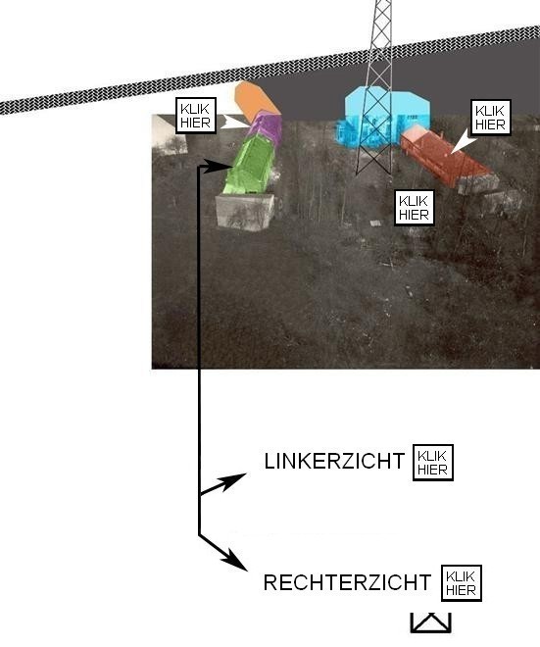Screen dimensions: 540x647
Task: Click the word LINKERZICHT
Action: (334, 461)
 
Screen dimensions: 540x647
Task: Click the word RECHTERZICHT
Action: (347, 582)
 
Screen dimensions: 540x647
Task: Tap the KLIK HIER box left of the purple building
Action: (196, 116)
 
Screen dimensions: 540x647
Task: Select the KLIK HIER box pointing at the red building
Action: (490, 118)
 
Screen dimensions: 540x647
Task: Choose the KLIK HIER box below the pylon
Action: (415, 208)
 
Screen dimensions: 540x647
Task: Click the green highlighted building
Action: (250, 166)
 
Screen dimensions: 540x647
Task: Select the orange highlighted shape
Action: (256, 99)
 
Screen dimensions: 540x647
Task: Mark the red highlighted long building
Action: (446, 157)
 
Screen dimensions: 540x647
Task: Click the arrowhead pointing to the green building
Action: (218, 166)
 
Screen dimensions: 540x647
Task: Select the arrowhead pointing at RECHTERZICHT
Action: (234, 561)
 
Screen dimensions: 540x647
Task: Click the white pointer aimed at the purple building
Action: (235, 123)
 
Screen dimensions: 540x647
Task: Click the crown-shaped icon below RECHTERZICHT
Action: (430, 623)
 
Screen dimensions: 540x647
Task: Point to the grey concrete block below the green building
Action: (245, 212)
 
